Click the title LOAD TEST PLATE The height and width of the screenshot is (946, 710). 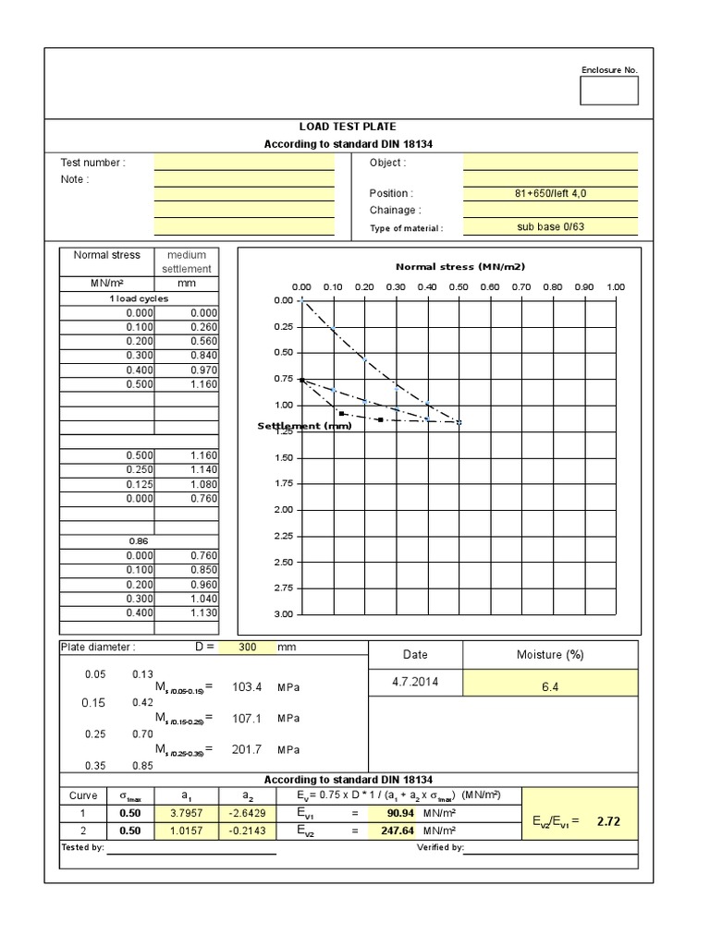(349, 127)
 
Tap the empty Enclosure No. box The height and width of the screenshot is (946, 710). (608, 91)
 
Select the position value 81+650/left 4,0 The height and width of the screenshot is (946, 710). (549, 193)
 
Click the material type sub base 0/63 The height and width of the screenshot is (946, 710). (550, 227)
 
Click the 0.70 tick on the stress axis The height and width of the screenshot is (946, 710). (520, 286)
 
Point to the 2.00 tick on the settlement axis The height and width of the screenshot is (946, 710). (283, 510)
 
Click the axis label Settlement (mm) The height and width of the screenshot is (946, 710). (304, 426)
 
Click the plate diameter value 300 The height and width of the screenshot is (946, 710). (247, 648)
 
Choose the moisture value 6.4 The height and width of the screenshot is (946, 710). (549, 685)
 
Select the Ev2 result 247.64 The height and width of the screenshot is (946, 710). (387, 830)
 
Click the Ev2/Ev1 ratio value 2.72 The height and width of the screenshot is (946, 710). (607, 820)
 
